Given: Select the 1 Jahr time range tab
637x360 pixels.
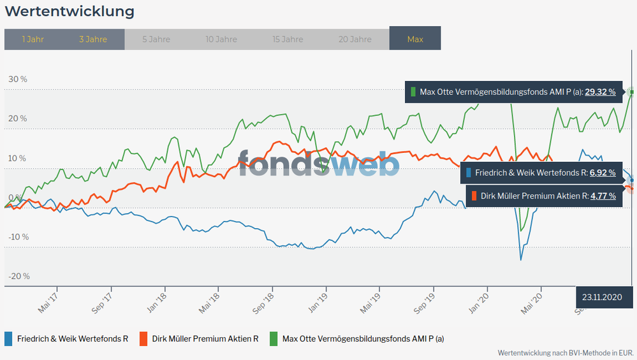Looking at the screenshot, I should (x=33, y=39).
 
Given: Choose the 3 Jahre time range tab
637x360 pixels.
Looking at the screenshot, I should (x=93, y=39).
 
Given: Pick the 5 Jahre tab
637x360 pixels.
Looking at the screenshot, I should (x=156, y=39).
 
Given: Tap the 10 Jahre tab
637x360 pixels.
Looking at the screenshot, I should (x=221, y=39).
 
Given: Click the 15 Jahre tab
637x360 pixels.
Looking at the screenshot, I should (x=288, y=39).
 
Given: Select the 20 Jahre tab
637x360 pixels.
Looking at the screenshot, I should (x=355, y=39).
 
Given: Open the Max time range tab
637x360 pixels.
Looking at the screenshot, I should (x=415, y=39).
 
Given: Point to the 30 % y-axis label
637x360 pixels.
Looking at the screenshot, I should (x=18, y=80).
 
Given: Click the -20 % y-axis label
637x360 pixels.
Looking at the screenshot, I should (x=18, y=277).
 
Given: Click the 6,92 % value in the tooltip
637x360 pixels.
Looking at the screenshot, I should (x=603, y=173).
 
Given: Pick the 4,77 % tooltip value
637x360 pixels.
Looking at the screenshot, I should (x=603, y=196).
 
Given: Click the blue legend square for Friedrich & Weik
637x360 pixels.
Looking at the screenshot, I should (x=8, y=338).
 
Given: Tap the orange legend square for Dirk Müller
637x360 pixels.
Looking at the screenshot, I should (x=143, y=338).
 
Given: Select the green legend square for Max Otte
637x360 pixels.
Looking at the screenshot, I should (x=273, y=338).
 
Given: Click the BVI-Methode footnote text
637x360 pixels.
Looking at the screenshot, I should (x=564, y=352).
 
